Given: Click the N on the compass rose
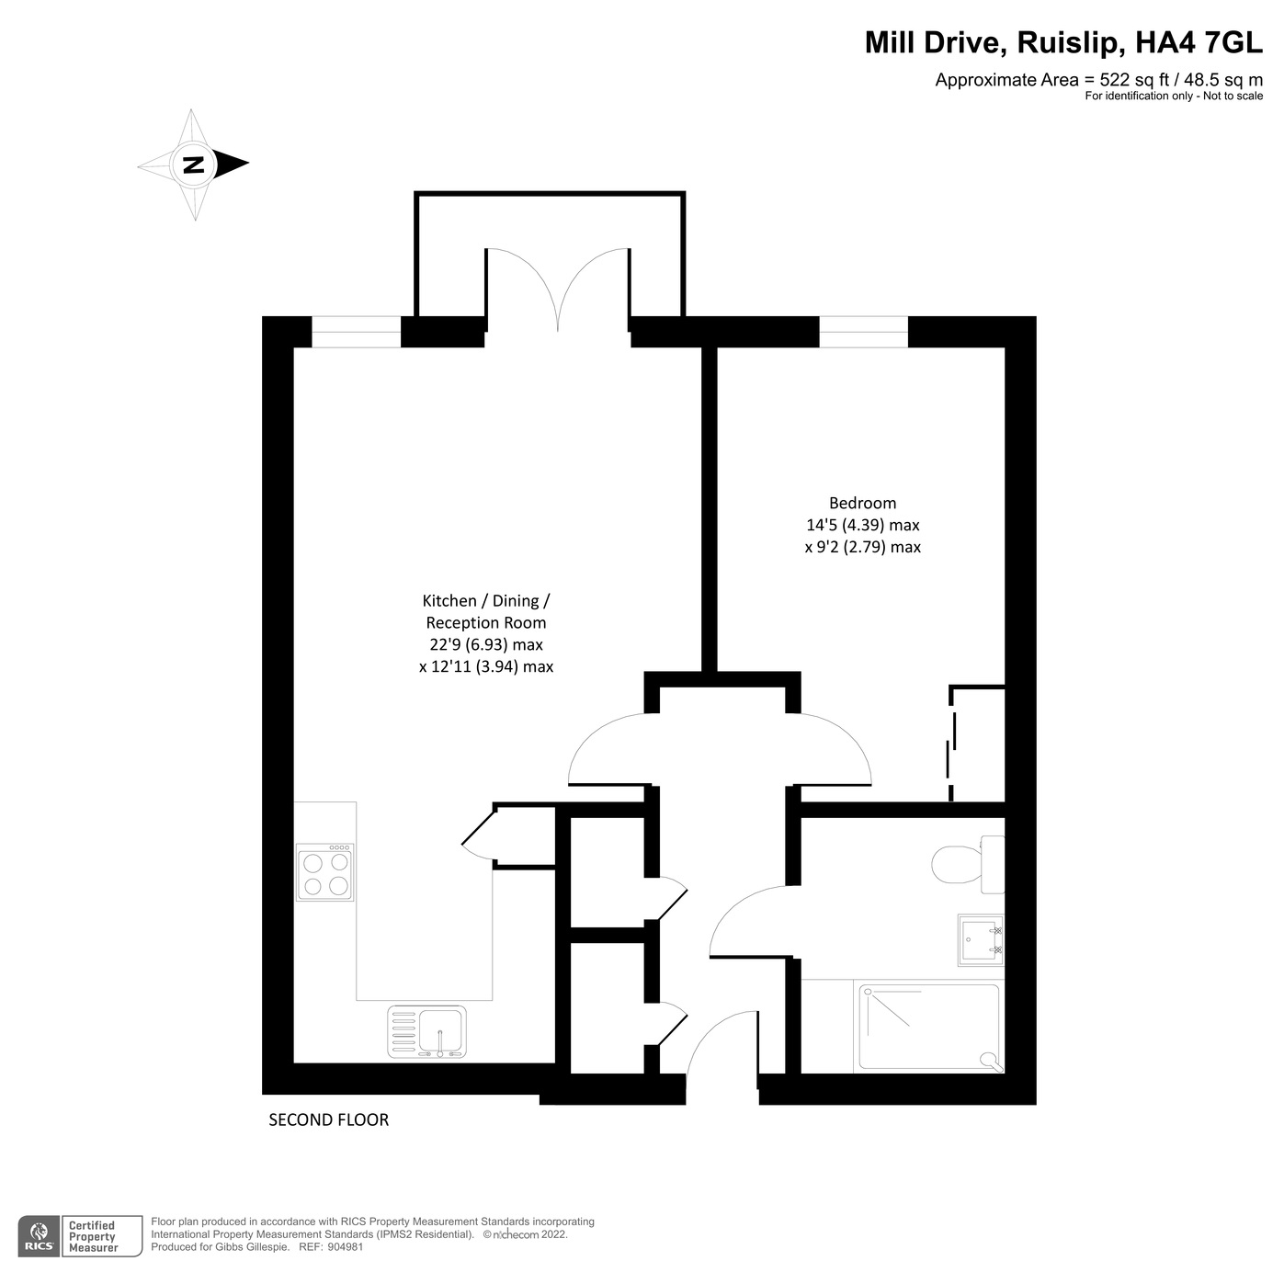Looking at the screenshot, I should tap(193, 165).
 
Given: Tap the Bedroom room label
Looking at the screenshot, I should tap(862, 503).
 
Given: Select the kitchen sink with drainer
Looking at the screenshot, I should tap(426, 1030).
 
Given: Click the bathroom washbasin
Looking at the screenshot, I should tap(981, 940).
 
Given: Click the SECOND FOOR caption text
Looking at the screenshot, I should tap(328, 1119).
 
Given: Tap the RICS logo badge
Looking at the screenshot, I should tap(40, 1236).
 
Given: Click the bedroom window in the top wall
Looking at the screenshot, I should tap(863, 332).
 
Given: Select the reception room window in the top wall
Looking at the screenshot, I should tap(356, 332).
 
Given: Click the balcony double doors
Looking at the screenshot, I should tap(558, 290).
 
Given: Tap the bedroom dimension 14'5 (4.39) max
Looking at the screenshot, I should tap(862, 525).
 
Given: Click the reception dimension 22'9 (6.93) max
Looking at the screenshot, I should tap(485, 644).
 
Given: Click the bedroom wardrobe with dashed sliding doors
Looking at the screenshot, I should tap(978, 744).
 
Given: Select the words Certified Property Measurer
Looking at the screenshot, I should tap(93, 1236).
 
